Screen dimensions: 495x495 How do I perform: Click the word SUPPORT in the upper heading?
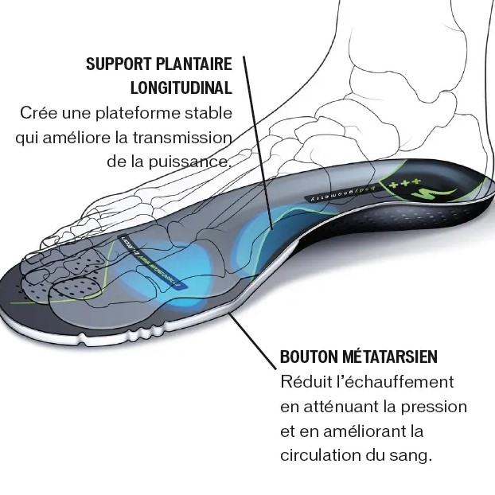click(116, 64)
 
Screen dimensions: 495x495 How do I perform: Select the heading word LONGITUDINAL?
click(180, 88)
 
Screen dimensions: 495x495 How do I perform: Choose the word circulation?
click(318, 456)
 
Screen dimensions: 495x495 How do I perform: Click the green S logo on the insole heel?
click(442, 193)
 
